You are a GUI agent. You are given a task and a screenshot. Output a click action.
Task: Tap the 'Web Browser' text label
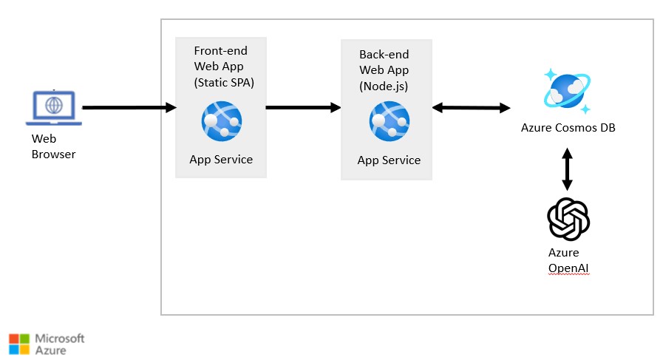(53, 146)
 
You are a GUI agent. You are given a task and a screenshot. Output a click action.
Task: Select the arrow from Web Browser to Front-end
(129, 108)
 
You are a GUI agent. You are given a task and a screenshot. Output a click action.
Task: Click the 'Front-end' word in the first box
(220, 51)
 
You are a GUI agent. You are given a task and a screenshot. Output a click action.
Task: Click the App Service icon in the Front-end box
(220, 120)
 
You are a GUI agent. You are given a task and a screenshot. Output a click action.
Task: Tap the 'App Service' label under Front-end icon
(221, 159)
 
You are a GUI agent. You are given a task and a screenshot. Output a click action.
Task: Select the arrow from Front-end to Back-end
(302, 108)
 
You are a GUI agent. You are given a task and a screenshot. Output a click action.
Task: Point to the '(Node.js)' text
(384, 86)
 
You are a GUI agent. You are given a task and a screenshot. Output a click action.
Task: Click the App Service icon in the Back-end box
(389, 120)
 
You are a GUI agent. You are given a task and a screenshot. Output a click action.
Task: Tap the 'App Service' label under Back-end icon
(389, 160)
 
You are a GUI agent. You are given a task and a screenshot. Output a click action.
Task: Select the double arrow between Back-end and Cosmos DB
(471, 108)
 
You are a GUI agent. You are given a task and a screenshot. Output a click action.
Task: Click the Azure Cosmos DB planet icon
(567, 91)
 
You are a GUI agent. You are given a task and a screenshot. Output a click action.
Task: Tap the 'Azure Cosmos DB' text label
(568, 128)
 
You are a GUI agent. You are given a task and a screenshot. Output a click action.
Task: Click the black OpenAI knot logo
(568, 219)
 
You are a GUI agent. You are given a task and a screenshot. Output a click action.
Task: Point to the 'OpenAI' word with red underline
(569, 267)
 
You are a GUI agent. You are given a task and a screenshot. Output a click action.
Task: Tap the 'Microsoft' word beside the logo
(60, 338)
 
